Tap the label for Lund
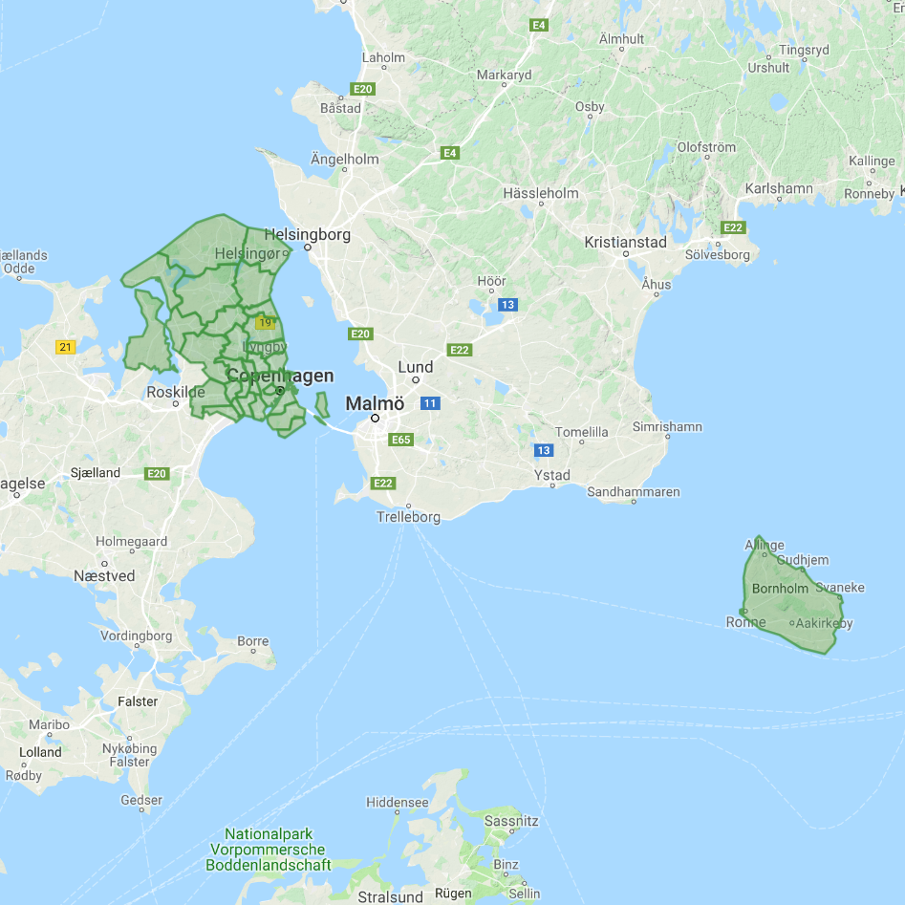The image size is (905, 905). coord(416,367)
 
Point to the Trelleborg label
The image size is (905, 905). coord(408,517)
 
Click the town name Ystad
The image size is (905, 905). coord(551,475)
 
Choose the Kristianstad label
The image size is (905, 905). coord(625,243)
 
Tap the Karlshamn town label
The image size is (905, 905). coord(779,188)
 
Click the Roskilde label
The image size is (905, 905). coord(176,392)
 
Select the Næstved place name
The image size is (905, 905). coord(104,576)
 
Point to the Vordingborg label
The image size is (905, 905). coord(137,636)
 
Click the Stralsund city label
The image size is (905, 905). coord(390,896)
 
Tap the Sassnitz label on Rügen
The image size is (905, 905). coord(512,821)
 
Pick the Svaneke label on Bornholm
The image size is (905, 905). coord(840,588)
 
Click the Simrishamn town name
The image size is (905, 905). coord(667,426)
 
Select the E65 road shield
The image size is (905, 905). coord(401,441)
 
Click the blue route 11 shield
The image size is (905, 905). coord(430,403)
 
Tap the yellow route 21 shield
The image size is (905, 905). coord(65,347)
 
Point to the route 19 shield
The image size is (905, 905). coord(265,322)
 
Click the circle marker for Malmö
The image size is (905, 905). coord(376,418)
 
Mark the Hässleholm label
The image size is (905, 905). coord(541,193)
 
